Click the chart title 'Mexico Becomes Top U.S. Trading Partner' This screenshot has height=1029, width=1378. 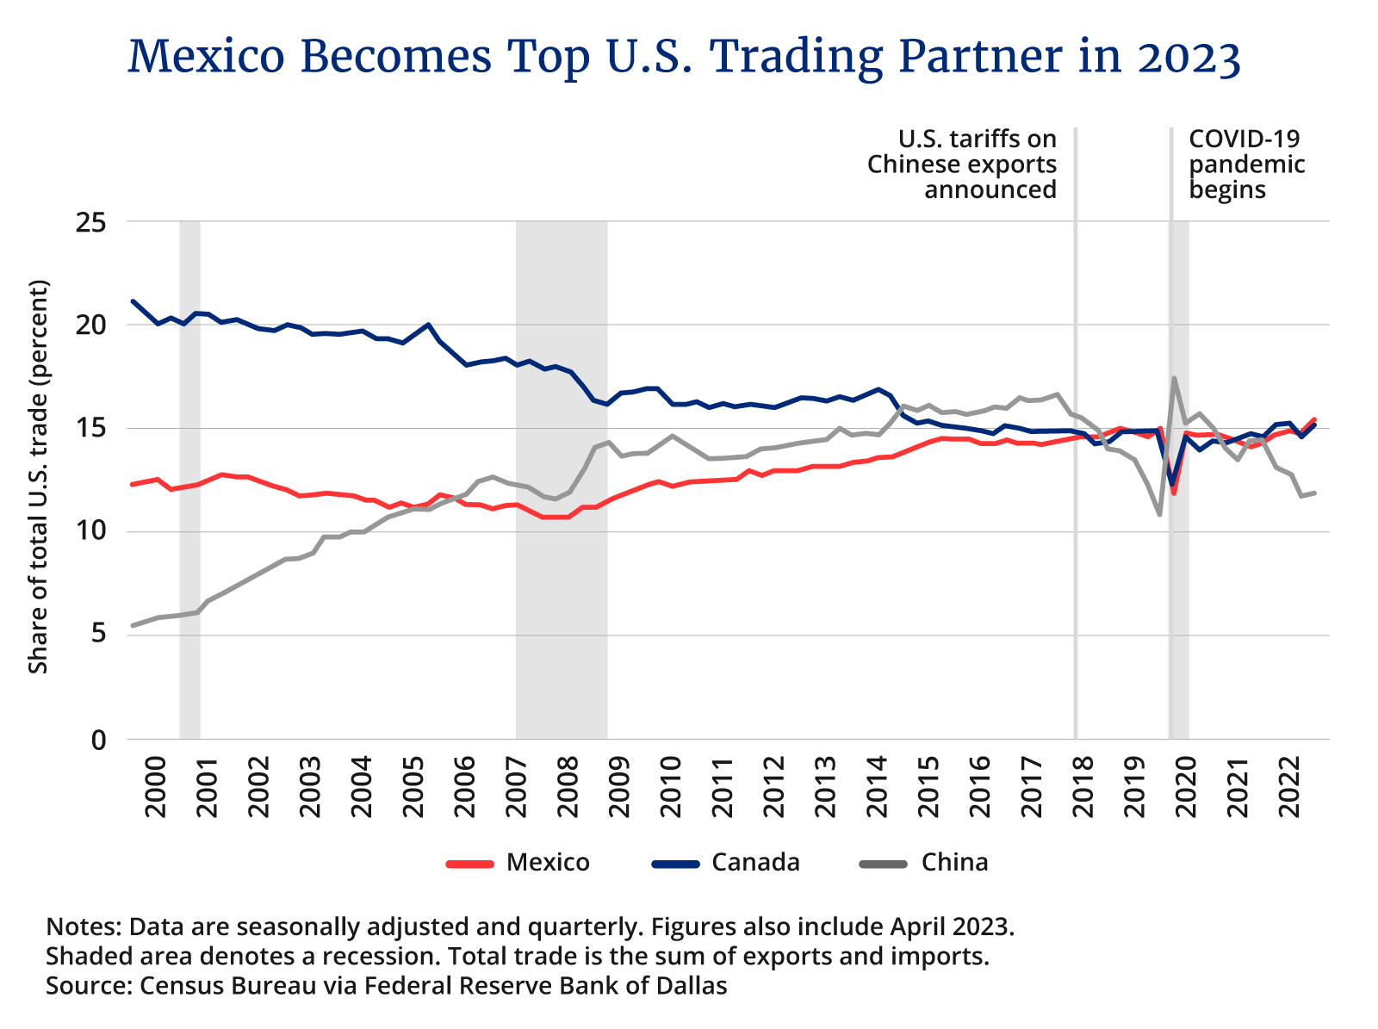pyautogui.click(x=684, y=57)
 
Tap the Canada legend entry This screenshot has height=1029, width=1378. pyautogui.click(x=726, y=862)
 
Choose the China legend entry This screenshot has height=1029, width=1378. pyautogui.click(x=926, y=862)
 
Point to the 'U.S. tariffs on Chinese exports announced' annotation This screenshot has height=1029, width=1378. pyautogui.click(x=962, y=164)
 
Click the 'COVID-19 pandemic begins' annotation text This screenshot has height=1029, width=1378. pyautogui.click(x=1245, y=164)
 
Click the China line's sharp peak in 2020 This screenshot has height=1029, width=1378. pyautogui.click(x=1174, y=378)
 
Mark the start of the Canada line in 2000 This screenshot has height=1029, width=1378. pyautogui.click(x=132, y=301)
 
